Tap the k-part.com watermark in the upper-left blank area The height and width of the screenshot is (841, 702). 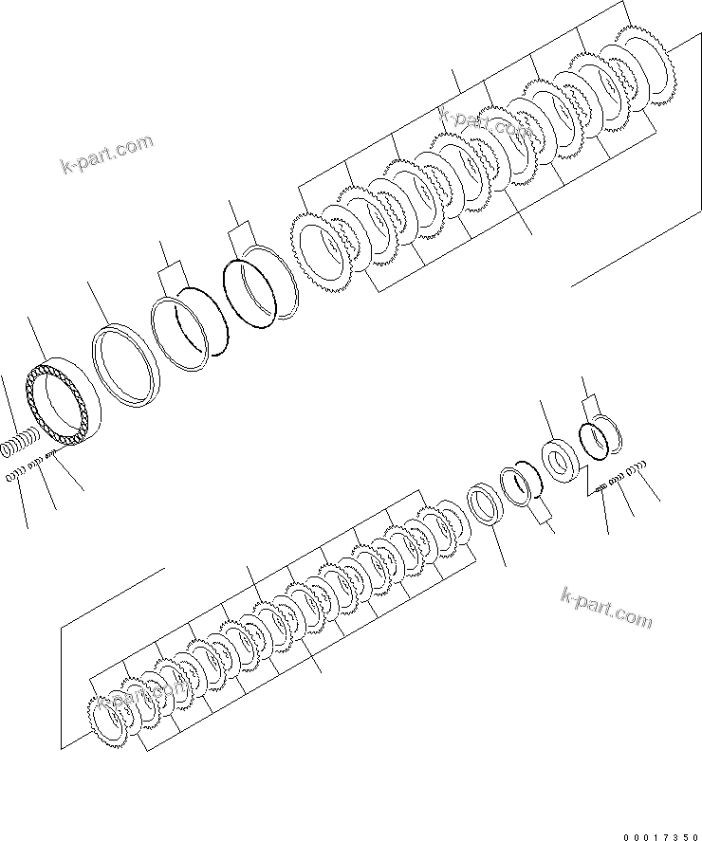coord(105,155)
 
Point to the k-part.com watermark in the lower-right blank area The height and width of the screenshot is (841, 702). coord(606,607)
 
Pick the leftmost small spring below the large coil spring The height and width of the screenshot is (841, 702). coord(13,475)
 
